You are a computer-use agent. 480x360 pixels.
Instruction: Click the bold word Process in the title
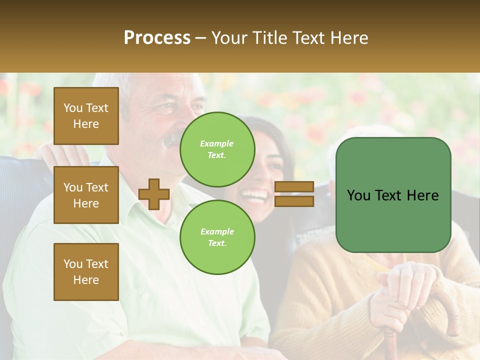[157, 37]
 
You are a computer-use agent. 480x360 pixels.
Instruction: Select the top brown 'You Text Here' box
[86, 116]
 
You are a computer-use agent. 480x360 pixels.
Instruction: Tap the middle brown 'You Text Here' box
[86, 195]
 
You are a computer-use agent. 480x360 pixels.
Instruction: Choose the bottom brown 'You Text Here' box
[86, 272]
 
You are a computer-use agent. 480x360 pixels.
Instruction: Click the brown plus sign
[154, 194]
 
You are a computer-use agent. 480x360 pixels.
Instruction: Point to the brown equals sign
[294, 194]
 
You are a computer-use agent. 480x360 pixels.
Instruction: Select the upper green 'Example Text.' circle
[217, 149]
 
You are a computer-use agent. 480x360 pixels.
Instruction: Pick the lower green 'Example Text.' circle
[217, 237]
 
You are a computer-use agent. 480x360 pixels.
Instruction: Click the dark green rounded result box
[393, 195]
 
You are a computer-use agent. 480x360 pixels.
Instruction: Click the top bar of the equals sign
[294, 187]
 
